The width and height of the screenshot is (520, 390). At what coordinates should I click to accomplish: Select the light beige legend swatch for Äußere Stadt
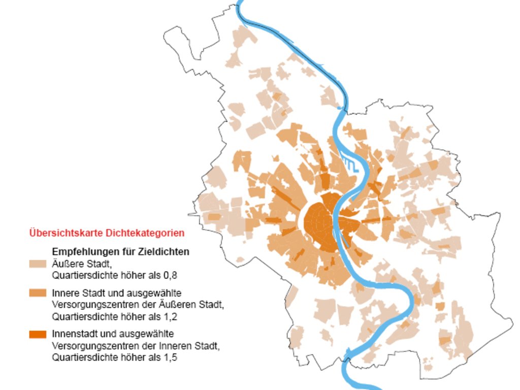38,264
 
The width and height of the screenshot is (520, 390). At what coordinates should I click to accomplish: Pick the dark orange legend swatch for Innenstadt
38,334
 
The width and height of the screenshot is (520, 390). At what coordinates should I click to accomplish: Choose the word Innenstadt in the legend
72,334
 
